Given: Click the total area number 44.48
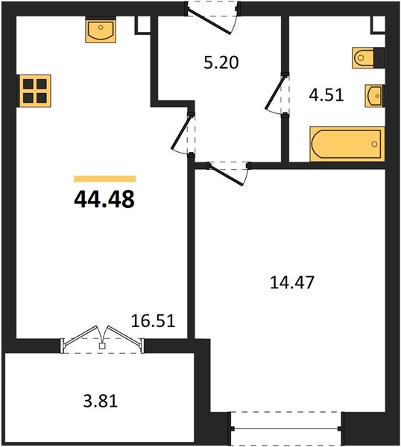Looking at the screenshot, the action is click(x=104, y=199).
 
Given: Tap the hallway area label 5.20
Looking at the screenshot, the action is click(x=221, y=63).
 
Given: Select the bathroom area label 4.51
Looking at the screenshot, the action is click(x=326, y=95).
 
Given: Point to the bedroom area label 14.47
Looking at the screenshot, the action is click(x=291, y=282).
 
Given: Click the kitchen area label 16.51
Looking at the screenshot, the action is click(x=153, y=320).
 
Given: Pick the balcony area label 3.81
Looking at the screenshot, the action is click(x=101, y=401).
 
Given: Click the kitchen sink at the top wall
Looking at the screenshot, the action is click(x=101, y=30).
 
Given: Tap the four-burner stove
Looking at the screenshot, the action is click(x=34, y=91).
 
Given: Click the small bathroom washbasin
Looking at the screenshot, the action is click(x=374, y=96).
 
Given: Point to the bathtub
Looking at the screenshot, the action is click(x=347, y=144).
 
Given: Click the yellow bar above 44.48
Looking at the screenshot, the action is click(x=104, y=179).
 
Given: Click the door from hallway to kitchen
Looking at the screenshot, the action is click(x=183, y=135).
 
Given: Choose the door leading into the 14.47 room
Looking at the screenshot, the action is click(x=228, y=173).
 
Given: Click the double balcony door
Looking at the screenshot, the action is click(x=102, y=339).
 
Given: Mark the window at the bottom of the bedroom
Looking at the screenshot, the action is click(x=286, y=428).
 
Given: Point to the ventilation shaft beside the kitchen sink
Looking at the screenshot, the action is click(x=142, y=25).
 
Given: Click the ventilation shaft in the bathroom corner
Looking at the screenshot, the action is click(x=378, y=25).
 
